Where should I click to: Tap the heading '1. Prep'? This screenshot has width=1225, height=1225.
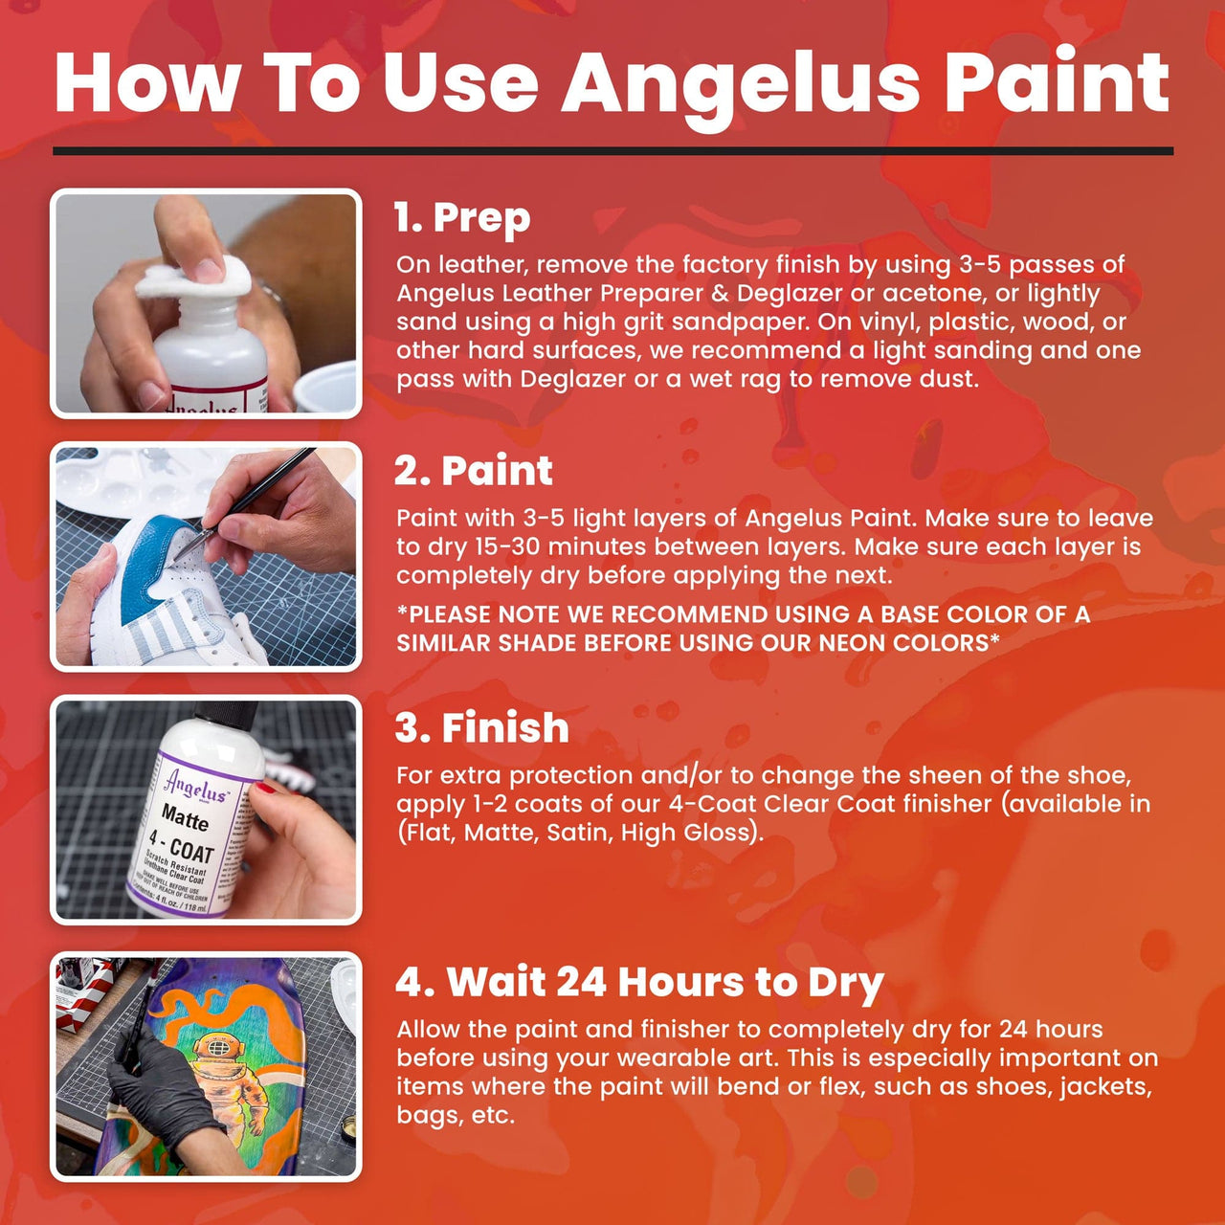(x=462, y=218)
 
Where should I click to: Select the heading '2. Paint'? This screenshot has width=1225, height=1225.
(x=474, y=471)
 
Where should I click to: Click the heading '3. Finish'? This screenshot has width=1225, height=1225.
(x=482, y=728)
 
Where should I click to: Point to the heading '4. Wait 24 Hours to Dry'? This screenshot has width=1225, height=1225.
(x=639, y=983)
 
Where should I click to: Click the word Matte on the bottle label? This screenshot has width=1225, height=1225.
(x=185, y=819)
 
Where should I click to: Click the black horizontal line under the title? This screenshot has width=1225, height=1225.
(x=612, y=151)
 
